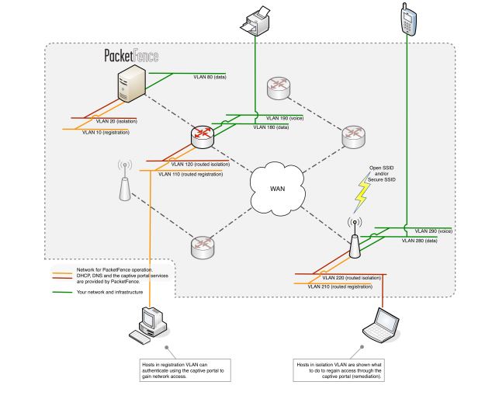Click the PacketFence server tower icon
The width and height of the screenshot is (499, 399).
point(133,86)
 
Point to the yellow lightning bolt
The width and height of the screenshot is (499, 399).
point(362,196)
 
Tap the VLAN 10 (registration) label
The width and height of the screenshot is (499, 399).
point(106,133)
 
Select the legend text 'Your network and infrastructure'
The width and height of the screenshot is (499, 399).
point(110,293)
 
